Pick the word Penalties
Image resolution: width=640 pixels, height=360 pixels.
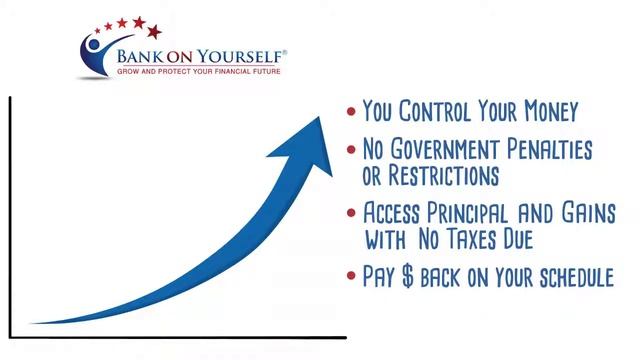click(x=553, y=151)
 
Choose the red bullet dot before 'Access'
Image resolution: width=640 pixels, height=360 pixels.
click(x=349, y=214)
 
